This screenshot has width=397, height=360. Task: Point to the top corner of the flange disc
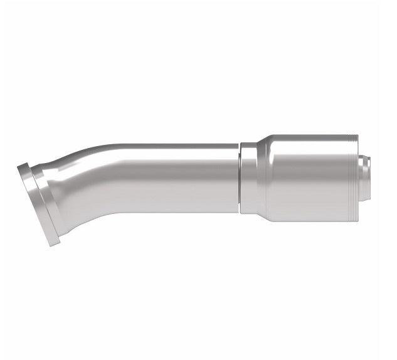coord(20,164)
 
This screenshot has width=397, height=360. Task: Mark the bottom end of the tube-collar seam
coord(239,211)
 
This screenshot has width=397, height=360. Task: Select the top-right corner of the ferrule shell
coord(357,135)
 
